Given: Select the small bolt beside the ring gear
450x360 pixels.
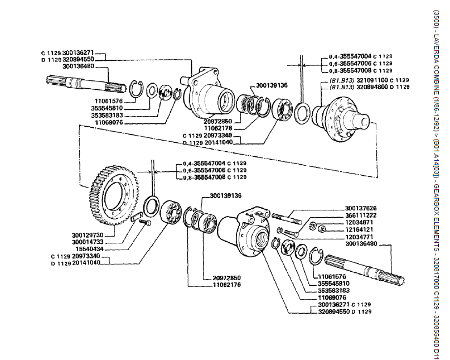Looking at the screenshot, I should coord(146,223).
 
